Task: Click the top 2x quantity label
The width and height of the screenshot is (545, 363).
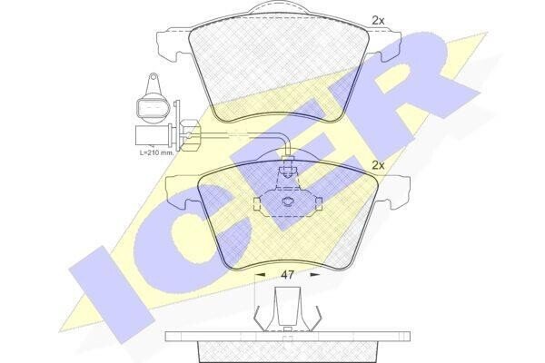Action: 378,21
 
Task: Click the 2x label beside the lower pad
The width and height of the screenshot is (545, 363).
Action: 378,165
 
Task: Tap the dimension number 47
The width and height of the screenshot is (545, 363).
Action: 287,275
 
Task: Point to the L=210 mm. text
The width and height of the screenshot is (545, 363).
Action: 156,152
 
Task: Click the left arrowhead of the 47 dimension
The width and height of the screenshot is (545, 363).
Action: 260,274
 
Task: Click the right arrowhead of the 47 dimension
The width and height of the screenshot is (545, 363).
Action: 315,274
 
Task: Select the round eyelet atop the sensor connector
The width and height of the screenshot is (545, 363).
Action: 153,77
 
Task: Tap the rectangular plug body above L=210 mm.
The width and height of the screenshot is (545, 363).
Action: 152,135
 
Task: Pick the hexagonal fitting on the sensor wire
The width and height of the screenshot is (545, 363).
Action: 190,135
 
